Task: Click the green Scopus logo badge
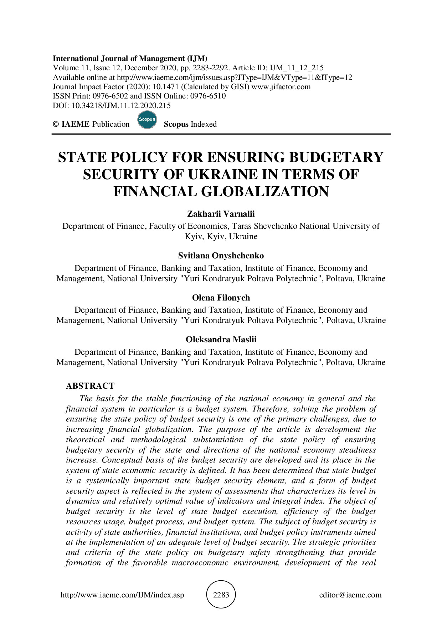[x=147, y=120]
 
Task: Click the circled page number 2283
[x=221, y=595]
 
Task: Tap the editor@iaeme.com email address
[x=350, y=595]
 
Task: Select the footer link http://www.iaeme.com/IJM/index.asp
[x=122, y=595]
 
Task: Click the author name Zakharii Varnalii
[x=221, y=214]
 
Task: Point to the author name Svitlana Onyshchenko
[x=221, y=256]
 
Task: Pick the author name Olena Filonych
[x=221, y=298]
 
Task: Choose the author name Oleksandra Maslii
[x=221, y=339]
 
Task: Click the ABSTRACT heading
[x=90, y=386]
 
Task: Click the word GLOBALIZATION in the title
[x=265, y=192]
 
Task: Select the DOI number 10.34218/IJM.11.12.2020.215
[x=121, y=106]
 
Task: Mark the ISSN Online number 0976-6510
[x=208, y=96]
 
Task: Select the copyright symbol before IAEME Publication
[x=56, y=124]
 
